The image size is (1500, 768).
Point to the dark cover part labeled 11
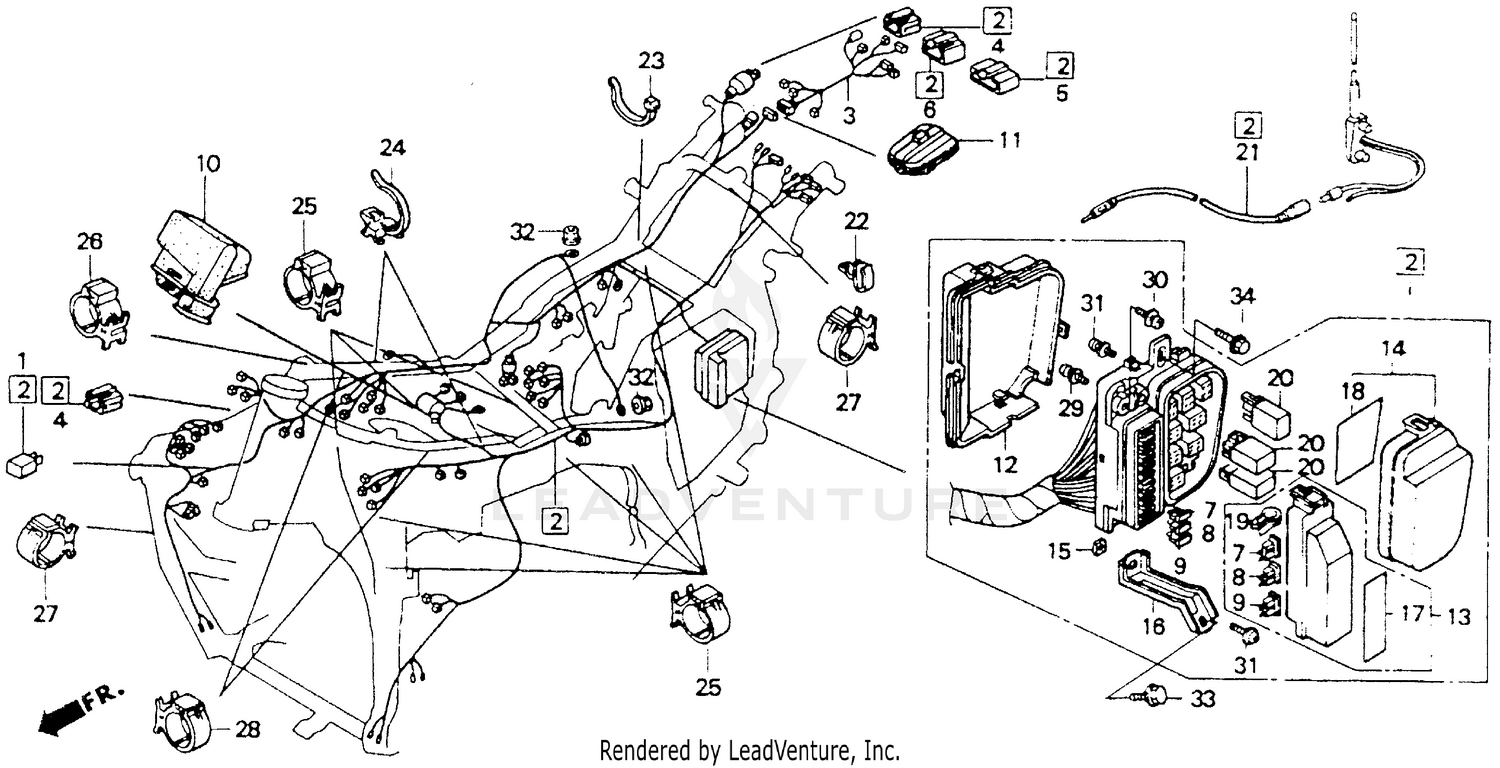pyautogui.click(x=926, y=150)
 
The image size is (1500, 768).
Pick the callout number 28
pyautogui.click(x=248, y=730)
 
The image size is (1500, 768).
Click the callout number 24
pyautogui.click(x=392, y=149)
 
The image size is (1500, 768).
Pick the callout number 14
pyautogui.click(x=1394, y=349)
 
